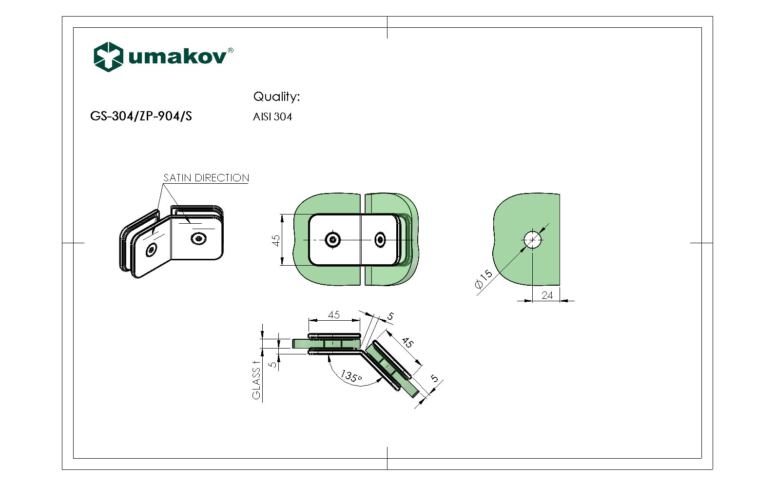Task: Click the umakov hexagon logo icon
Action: coord(108,57)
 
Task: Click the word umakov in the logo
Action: coord(177,57)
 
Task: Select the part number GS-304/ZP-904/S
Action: coord(141,116)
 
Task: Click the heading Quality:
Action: coord(276,97)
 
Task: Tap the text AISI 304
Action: coord(272,117)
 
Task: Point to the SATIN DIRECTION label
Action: coord(206,178)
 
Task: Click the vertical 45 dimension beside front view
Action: coord(276,240)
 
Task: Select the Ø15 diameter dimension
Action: coord(484,279)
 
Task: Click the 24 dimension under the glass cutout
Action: coord(547,295)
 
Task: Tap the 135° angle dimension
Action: coord(351,376)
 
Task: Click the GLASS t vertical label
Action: coord(256,380)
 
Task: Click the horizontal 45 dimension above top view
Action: coord(334,315)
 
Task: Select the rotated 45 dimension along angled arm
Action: coord(407,343)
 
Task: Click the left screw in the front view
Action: coord(333,239)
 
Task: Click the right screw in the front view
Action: coord(380,239)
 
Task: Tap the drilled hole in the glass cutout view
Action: coord(532,239)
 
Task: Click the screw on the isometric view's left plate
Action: coord(152,250)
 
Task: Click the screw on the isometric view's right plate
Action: coord(198,238)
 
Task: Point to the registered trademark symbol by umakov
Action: coord(231,50)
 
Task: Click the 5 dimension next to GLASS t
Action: coord(273,364)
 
